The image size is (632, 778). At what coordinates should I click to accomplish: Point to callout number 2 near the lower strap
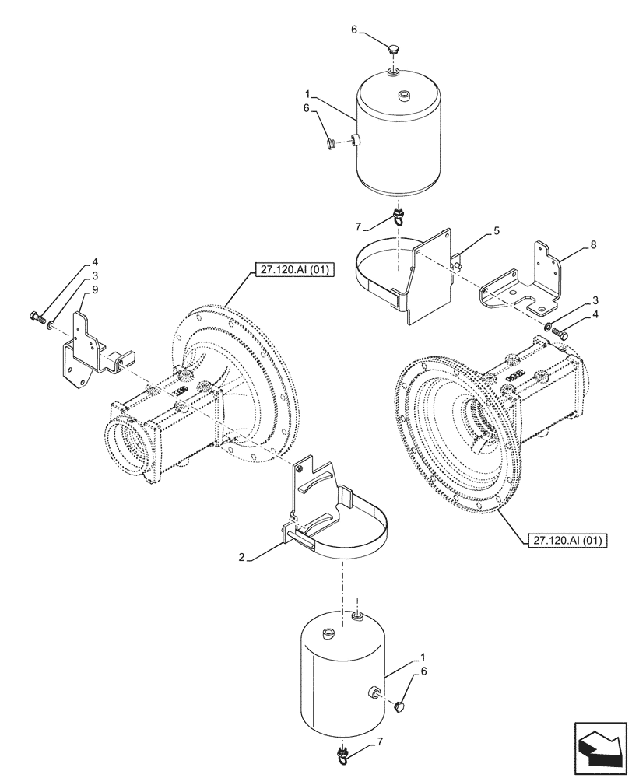(242, 558)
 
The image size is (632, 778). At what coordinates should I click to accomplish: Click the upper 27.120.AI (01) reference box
(282, 271)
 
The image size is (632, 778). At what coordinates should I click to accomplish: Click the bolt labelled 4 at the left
(36, 316)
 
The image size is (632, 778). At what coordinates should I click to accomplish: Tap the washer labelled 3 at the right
(549, 325)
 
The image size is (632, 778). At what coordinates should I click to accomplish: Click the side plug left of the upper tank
(328, 142)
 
